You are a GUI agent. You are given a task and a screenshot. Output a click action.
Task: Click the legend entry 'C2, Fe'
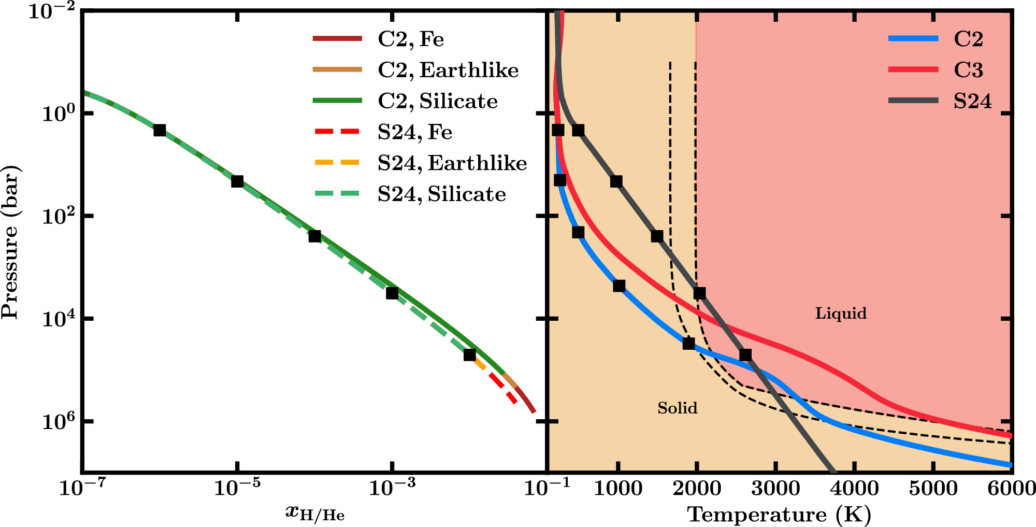(410, 39)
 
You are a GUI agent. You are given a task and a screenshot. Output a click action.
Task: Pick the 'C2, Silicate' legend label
(437, 101)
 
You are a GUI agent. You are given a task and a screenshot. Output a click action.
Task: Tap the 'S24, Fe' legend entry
(414, 132)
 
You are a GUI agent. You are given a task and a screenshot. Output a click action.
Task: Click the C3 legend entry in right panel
(968, 70)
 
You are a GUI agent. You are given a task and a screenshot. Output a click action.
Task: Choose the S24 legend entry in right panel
(972, 101)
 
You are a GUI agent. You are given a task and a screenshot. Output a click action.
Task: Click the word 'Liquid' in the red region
(841, 314)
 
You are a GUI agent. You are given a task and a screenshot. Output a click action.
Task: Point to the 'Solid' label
(677, 408)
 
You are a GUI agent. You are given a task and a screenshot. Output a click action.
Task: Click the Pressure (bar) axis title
(10, 242)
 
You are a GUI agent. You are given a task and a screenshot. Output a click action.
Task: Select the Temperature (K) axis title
(779, 515)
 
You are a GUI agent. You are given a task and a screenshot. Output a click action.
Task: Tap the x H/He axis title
(315, 513)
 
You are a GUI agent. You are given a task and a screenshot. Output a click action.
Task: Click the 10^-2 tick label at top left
(52, 10)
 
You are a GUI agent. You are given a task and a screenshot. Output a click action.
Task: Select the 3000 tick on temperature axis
(775, 488)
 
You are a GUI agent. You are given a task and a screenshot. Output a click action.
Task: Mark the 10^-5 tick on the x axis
(237, 487)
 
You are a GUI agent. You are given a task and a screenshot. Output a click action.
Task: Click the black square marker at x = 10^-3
(392, 293)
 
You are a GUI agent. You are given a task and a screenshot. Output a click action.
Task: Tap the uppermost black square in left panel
(160, 130)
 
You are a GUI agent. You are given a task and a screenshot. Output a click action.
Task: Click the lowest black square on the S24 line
(745, 355)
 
